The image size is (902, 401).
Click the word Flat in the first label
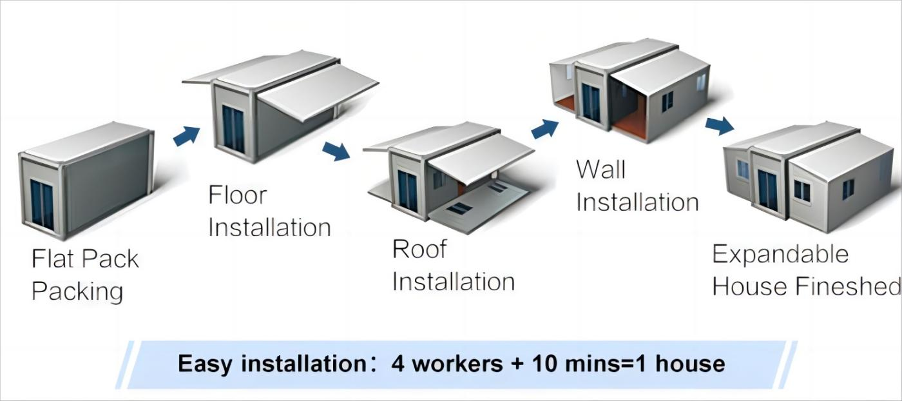(x=53, y=259)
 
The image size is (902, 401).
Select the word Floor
(x=238, y=195)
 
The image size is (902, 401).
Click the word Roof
(x=419, y=249)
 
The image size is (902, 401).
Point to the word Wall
(x=600, y=170)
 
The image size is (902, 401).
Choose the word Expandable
(x=780, y=254)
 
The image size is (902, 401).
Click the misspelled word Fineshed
(x=849, y=286)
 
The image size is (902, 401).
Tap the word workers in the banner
(x=457, y=364)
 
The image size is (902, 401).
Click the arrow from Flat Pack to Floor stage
(x=186, y=136)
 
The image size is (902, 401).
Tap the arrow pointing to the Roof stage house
(x=336, y=151)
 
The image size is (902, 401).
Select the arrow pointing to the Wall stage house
(x=545, y=129)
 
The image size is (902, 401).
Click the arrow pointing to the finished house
(x=720, y=126)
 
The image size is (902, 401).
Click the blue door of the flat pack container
(x=42, y=205)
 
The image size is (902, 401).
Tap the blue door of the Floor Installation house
(x=233, y=130)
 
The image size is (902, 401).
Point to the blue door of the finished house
(x=767, y=190)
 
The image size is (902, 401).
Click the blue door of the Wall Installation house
(x=591, y=103)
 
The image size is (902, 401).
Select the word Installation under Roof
(x=454, y=282)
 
